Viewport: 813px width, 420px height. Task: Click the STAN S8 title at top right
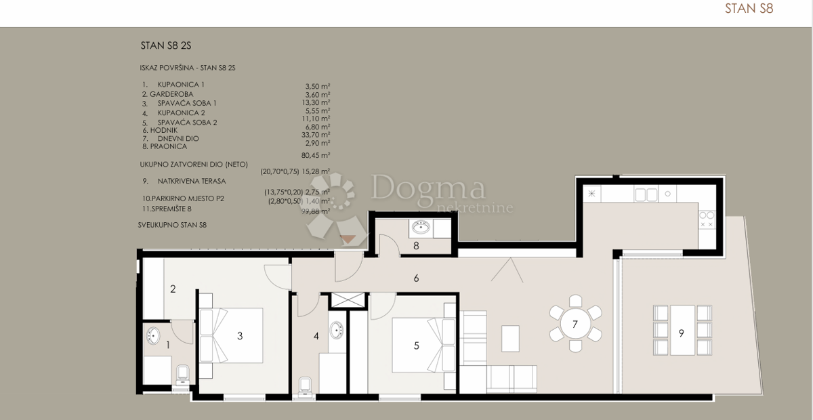coord(749,9)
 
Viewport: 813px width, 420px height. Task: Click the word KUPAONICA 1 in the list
coord(181,85)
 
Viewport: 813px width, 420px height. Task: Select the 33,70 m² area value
coord(316,135)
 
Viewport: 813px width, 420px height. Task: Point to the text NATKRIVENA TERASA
coord(191,182)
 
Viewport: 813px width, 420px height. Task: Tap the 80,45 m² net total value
coord(316,154)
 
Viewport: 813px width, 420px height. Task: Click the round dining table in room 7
coord(575,324)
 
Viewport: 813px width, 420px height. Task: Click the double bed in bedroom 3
coord(234,335)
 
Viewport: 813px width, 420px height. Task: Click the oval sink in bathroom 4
coord(337,331)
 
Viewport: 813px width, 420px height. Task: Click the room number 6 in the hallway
coord(417,278)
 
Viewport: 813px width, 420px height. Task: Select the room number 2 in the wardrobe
coord(173,289)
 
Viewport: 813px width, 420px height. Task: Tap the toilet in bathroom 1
coord(182,375)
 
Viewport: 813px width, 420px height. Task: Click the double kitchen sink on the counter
coord(644,195)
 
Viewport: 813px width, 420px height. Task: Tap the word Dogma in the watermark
coord(428,188)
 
